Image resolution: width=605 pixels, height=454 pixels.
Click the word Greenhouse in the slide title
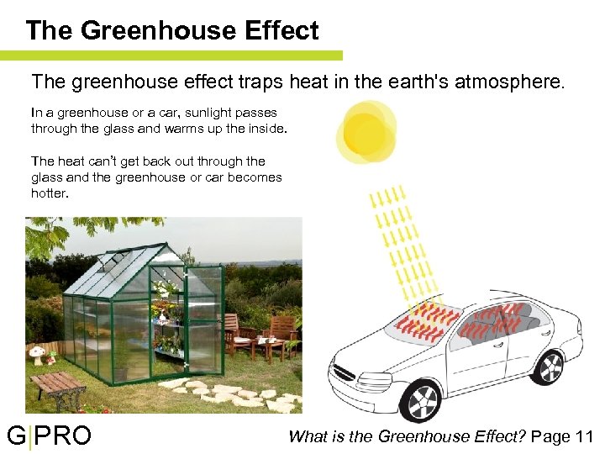point(154,31)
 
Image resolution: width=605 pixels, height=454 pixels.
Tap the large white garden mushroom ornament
point(37,354)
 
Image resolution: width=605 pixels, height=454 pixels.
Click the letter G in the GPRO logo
point(16,436)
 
